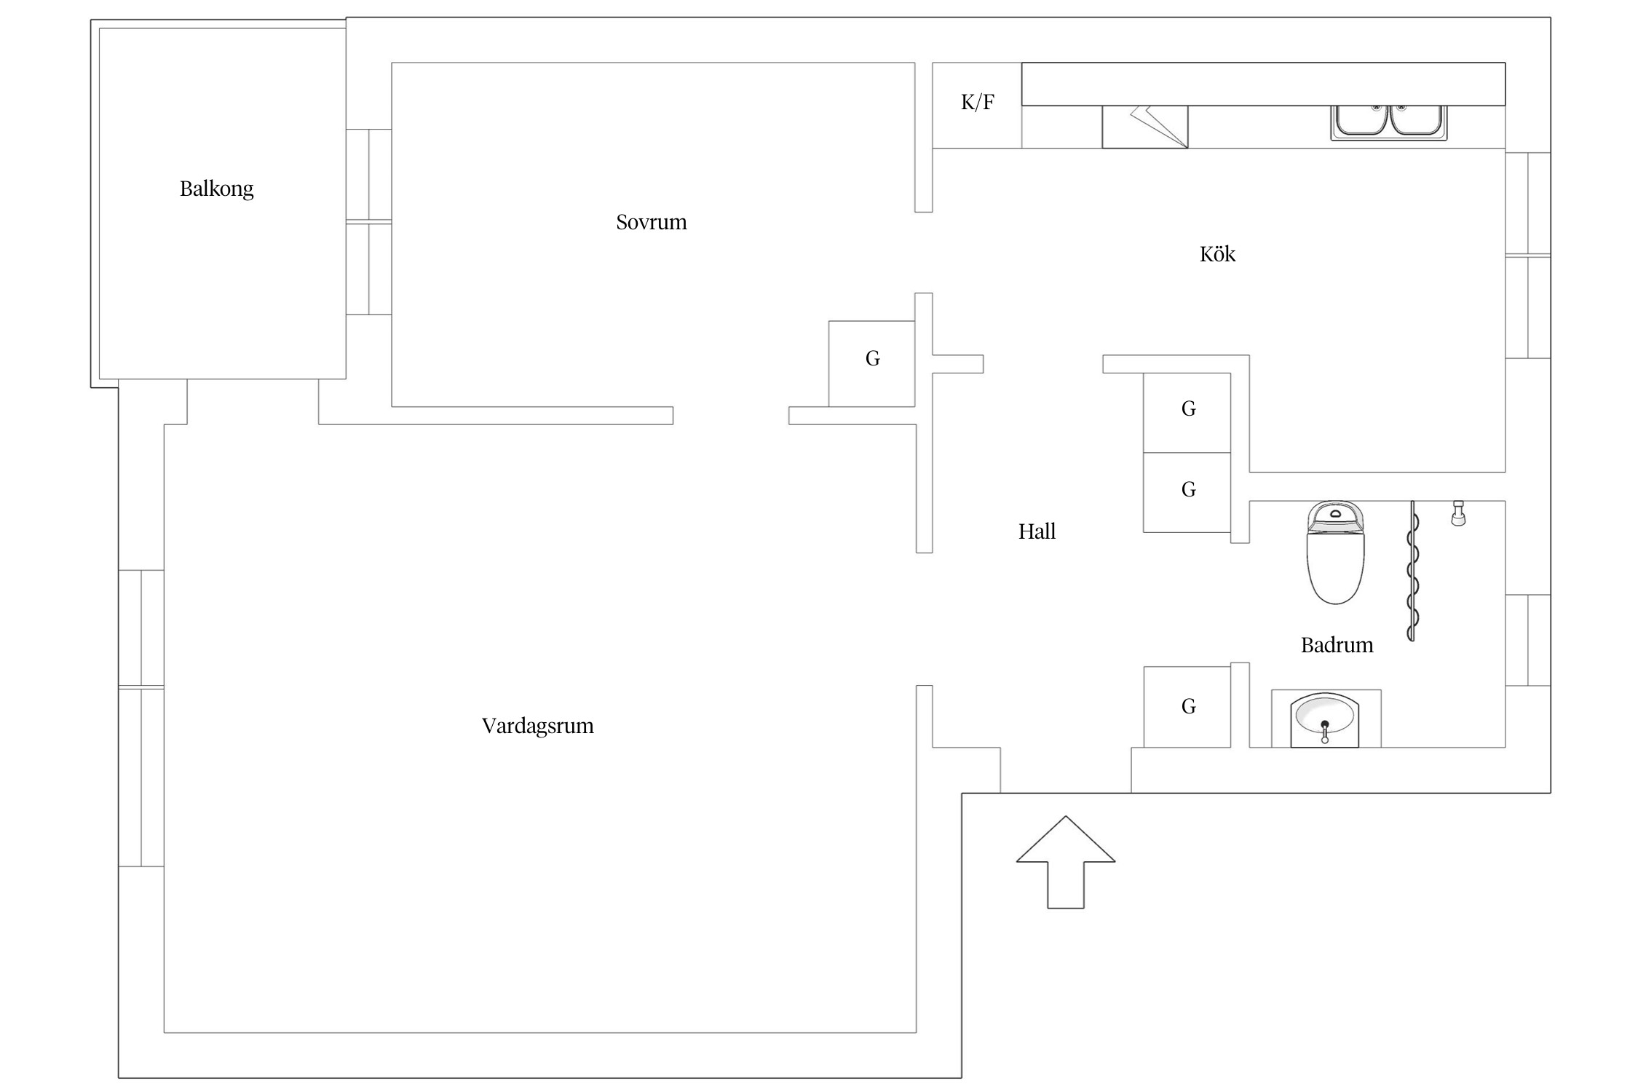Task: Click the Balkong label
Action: (x=216, y=189)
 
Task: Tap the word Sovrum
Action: (x=651, y=222)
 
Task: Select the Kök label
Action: (x=1217, y=254)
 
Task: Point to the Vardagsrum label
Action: (x=537, y=726)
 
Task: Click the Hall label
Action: (x=1037, y=531)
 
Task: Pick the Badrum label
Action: (x=1337, y=645)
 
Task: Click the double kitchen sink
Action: (x=1388, y=122)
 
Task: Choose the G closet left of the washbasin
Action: (x=1187, y=707)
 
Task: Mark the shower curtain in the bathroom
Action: (x=1412, y=571)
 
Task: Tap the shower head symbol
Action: (x=1458, y=513)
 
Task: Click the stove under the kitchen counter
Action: (x=1144, y=127)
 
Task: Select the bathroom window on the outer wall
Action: (x=1527, y=640)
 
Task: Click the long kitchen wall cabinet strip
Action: (x=1262, y=84)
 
